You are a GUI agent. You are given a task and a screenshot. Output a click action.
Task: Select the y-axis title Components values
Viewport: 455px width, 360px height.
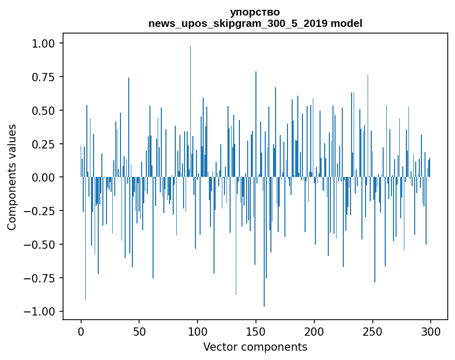(12, 177)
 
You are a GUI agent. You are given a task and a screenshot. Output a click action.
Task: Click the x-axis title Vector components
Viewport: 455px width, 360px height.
(255, 347)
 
